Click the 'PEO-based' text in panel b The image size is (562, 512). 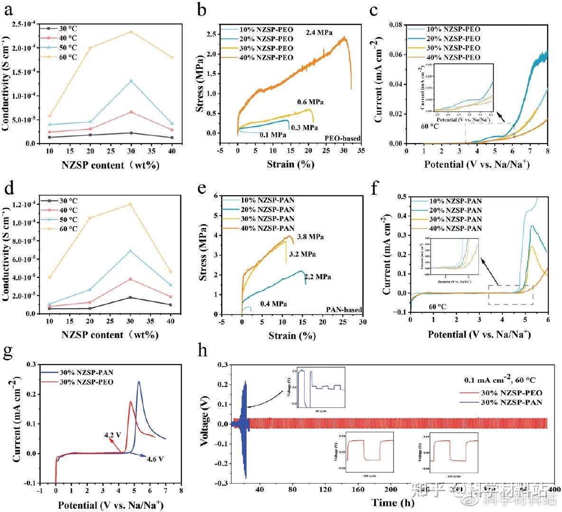[343, 138]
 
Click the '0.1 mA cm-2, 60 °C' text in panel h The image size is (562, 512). [503, 380]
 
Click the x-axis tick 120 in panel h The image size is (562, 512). [325, 489]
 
